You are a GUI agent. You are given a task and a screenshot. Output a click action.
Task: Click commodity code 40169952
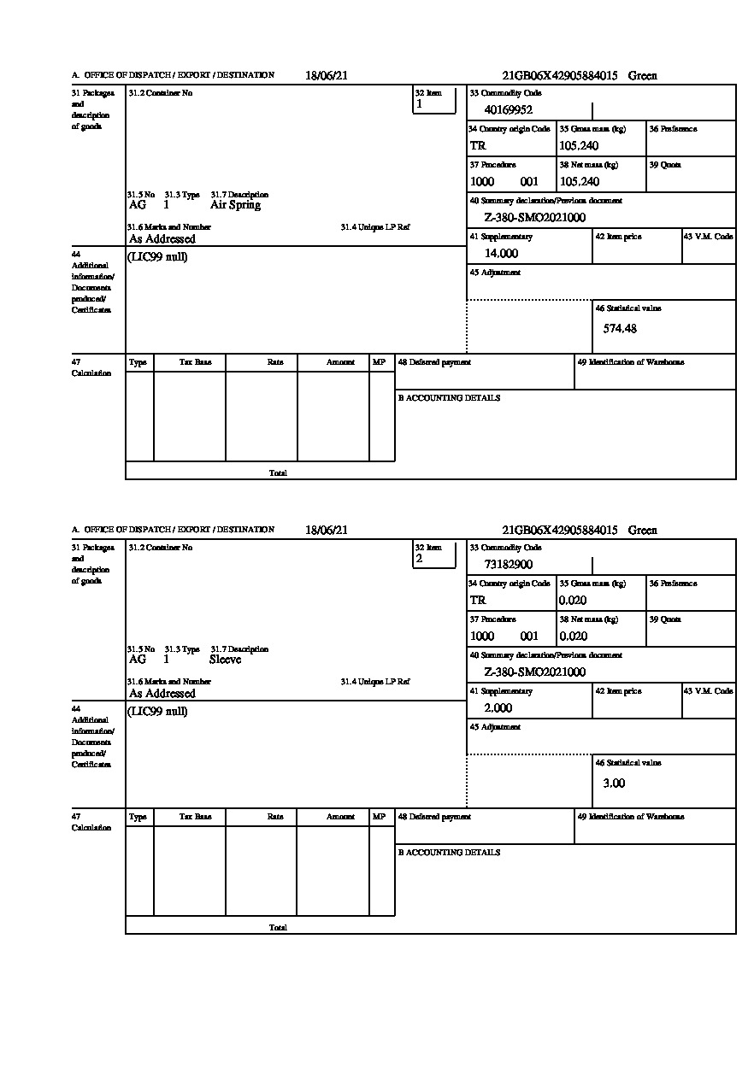(x=509, y=109)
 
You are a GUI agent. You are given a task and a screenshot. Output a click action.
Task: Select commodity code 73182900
(x=509, y=564)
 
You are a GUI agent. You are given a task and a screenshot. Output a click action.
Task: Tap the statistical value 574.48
(x=620, y=328)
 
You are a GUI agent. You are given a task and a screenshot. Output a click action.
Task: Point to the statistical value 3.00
(x=614, y=783)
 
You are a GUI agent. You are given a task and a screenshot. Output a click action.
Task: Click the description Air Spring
(x=235, y=205)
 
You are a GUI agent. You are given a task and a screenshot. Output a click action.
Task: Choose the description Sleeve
(x=225, y=660)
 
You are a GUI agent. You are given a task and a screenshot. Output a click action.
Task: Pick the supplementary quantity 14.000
(x=501, y=253)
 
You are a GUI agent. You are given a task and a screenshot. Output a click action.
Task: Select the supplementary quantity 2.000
(x=498, y=707)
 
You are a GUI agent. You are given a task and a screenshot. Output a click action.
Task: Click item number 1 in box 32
(x=419, y=104)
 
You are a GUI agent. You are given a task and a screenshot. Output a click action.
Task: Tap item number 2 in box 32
(x=419, y=559)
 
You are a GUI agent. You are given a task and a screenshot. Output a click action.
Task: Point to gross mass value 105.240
(x=579, y=145)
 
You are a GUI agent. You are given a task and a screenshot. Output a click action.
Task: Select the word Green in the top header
(x=643, y=75)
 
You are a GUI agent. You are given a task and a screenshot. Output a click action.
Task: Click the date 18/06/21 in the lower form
(x=327, y=530)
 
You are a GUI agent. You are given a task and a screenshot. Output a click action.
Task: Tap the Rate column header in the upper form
(x=275, y=362)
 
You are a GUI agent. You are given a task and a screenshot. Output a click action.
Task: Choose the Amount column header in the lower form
(x=340, y=817)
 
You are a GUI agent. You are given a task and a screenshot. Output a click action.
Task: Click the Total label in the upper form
(x=278, y=472)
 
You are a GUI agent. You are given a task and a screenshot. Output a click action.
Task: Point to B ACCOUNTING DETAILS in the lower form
(x=449, y=853)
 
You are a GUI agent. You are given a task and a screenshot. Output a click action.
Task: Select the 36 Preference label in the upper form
(x=673, y=129)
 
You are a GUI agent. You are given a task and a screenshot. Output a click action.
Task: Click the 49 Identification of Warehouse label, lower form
(x=630, y=817)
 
